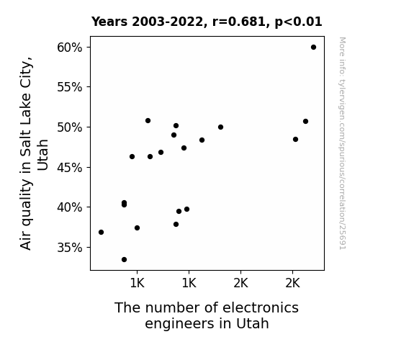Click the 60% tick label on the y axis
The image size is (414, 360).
[x=69, y=48]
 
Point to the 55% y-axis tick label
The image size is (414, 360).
[x=69, y=87]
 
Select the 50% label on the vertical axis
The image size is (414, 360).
[x=69, y=127]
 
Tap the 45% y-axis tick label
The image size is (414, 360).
[x=69, y=168]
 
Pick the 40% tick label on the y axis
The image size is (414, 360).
[x=69, y=207]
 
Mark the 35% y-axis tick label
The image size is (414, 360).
[x=69, y=248]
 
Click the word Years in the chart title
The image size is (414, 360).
[x=109, y=22]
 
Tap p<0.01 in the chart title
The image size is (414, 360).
[x=298, y=22]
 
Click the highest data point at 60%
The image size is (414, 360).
[x=313, y=48]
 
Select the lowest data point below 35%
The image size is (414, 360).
[x=124, y=260]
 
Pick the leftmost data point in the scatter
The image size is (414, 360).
[x=101, y=232]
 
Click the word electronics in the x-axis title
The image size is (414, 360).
[x=261, y=307]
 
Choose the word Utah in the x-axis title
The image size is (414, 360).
[x=253, y=323]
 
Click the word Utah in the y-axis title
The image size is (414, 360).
[x=42, y=155]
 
